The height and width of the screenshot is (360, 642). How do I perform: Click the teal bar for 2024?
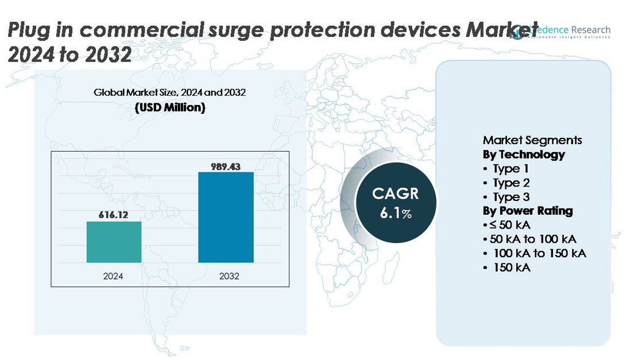114,242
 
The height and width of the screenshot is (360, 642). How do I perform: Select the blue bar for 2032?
226,217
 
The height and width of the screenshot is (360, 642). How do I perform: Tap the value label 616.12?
113,215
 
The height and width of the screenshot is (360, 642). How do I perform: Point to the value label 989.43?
226,167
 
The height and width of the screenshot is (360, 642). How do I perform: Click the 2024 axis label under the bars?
113,276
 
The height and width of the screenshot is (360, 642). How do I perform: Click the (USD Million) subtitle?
170,107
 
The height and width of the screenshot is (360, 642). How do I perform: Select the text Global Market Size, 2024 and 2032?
170,92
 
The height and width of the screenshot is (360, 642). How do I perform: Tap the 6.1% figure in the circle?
396,214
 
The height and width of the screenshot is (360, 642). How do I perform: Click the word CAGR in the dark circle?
396,193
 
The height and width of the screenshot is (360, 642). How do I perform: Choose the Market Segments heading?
532,140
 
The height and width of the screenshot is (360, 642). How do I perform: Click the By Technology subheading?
524,154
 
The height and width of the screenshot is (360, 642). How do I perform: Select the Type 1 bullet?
510,169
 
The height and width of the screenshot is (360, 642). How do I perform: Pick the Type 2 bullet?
511,183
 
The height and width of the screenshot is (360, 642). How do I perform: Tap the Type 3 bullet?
511,197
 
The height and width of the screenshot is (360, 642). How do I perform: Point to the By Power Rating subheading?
528,211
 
